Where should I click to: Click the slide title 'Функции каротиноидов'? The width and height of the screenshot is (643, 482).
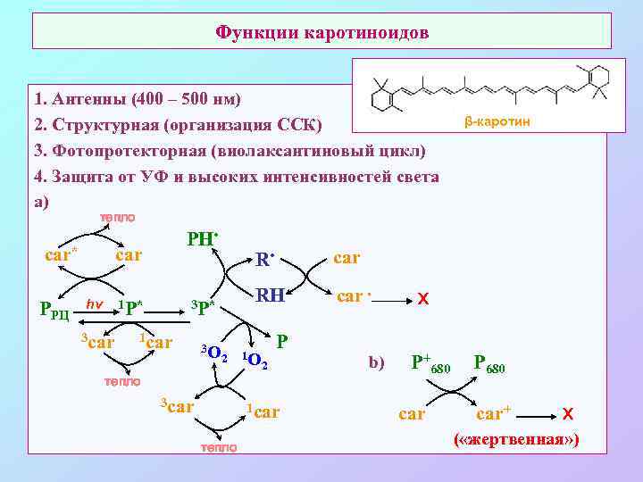point(322,33)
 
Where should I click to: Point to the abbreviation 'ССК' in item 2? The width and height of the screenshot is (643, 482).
point(303,123)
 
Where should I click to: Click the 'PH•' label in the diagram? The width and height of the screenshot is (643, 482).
point(203,239)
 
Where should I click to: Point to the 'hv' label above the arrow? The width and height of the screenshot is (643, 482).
point(94,303)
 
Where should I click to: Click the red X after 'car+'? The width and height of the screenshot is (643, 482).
point(567,414)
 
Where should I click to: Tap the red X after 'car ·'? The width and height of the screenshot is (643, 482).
point(421,301)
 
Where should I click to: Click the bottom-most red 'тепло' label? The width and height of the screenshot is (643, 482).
point(219,447)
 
